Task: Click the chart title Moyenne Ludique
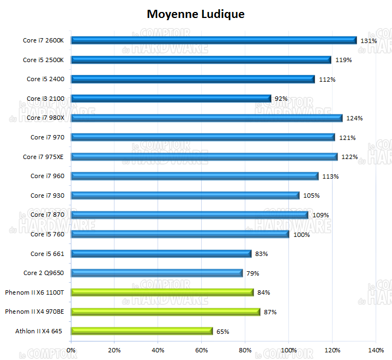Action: (x=196, y=14)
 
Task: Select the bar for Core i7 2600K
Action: (x=214, y=40)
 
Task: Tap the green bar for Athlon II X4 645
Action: (x=142, y=331)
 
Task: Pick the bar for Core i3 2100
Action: (x=171, y=99)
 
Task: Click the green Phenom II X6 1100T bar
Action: (x=162, y=292)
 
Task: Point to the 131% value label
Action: (x=369, y=40)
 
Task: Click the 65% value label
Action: (x=222, y=331)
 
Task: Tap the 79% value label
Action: (x=252, y=273)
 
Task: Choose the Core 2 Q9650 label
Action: (x=44, y=273)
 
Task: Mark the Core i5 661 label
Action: (x=47, y=254)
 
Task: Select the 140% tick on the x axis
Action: (x=376, y=350)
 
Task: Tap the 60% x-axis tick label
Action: (x=202, y=350)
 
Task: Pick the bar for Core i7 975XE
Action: (x=204, y=157)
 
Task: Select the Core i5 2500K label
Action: (x=44, y=60)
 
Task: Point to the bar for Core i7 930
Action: (x=185, y=196)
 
